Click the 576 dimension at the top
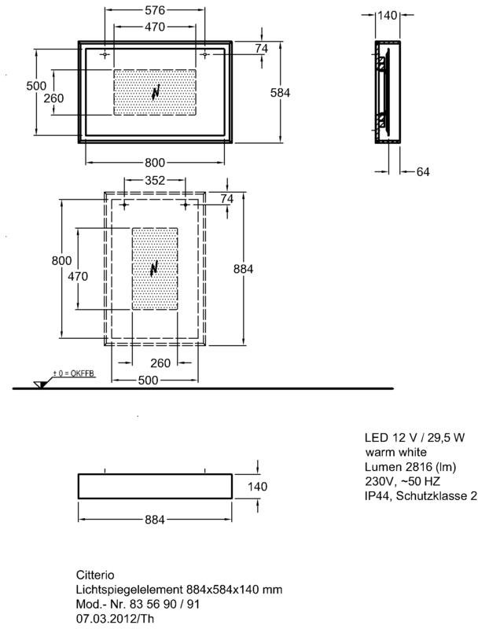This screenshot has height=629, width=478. [x=155, y=10]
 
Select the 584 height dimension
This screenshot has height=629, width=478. [x=280, y=93]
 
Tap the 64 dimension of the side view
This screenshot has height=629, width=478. [x=423, y=171]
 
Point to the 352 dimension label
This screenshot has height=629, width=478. [x=155, y=180]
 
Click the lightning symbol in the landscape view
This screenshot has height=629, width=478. [x=156, y=92]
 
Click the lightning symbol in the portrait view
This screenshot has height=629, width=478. [x=154, y=269]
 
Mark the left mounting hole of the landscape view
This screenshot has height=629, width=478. [x=105, y=54]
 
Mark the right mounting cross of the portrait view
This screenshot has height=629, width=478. [x=186, y=205]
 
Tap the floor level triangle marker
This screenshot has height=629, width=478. [x=40, y=384]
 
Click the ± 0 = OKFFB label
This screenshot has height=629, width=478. [x=74, y=374]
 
